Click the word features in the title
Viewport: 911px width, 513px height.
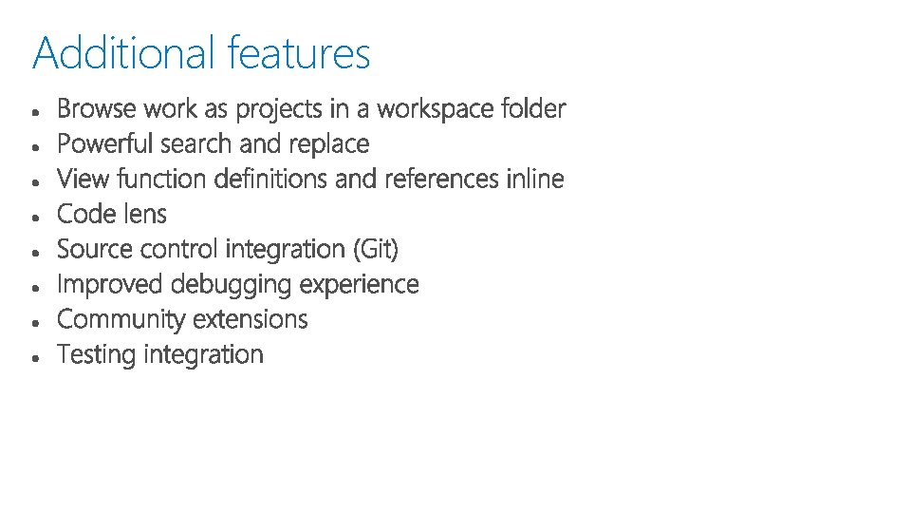tap(299, 53)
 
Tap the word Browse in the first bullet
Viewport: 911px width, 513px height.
tap(97, 109)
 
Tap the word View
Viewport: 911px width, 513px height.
tap(78, 179)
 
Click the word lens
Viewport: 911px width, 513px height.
tap(143, 214)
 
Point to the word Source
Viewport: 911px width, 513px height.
tap(95, 249)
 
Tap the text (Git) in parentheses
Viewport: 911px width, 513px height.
tap(376, 250)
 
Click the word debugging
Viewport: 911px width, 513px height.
tap(232, 285)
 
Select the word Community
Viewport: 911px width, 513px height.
tap(120, 319)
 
